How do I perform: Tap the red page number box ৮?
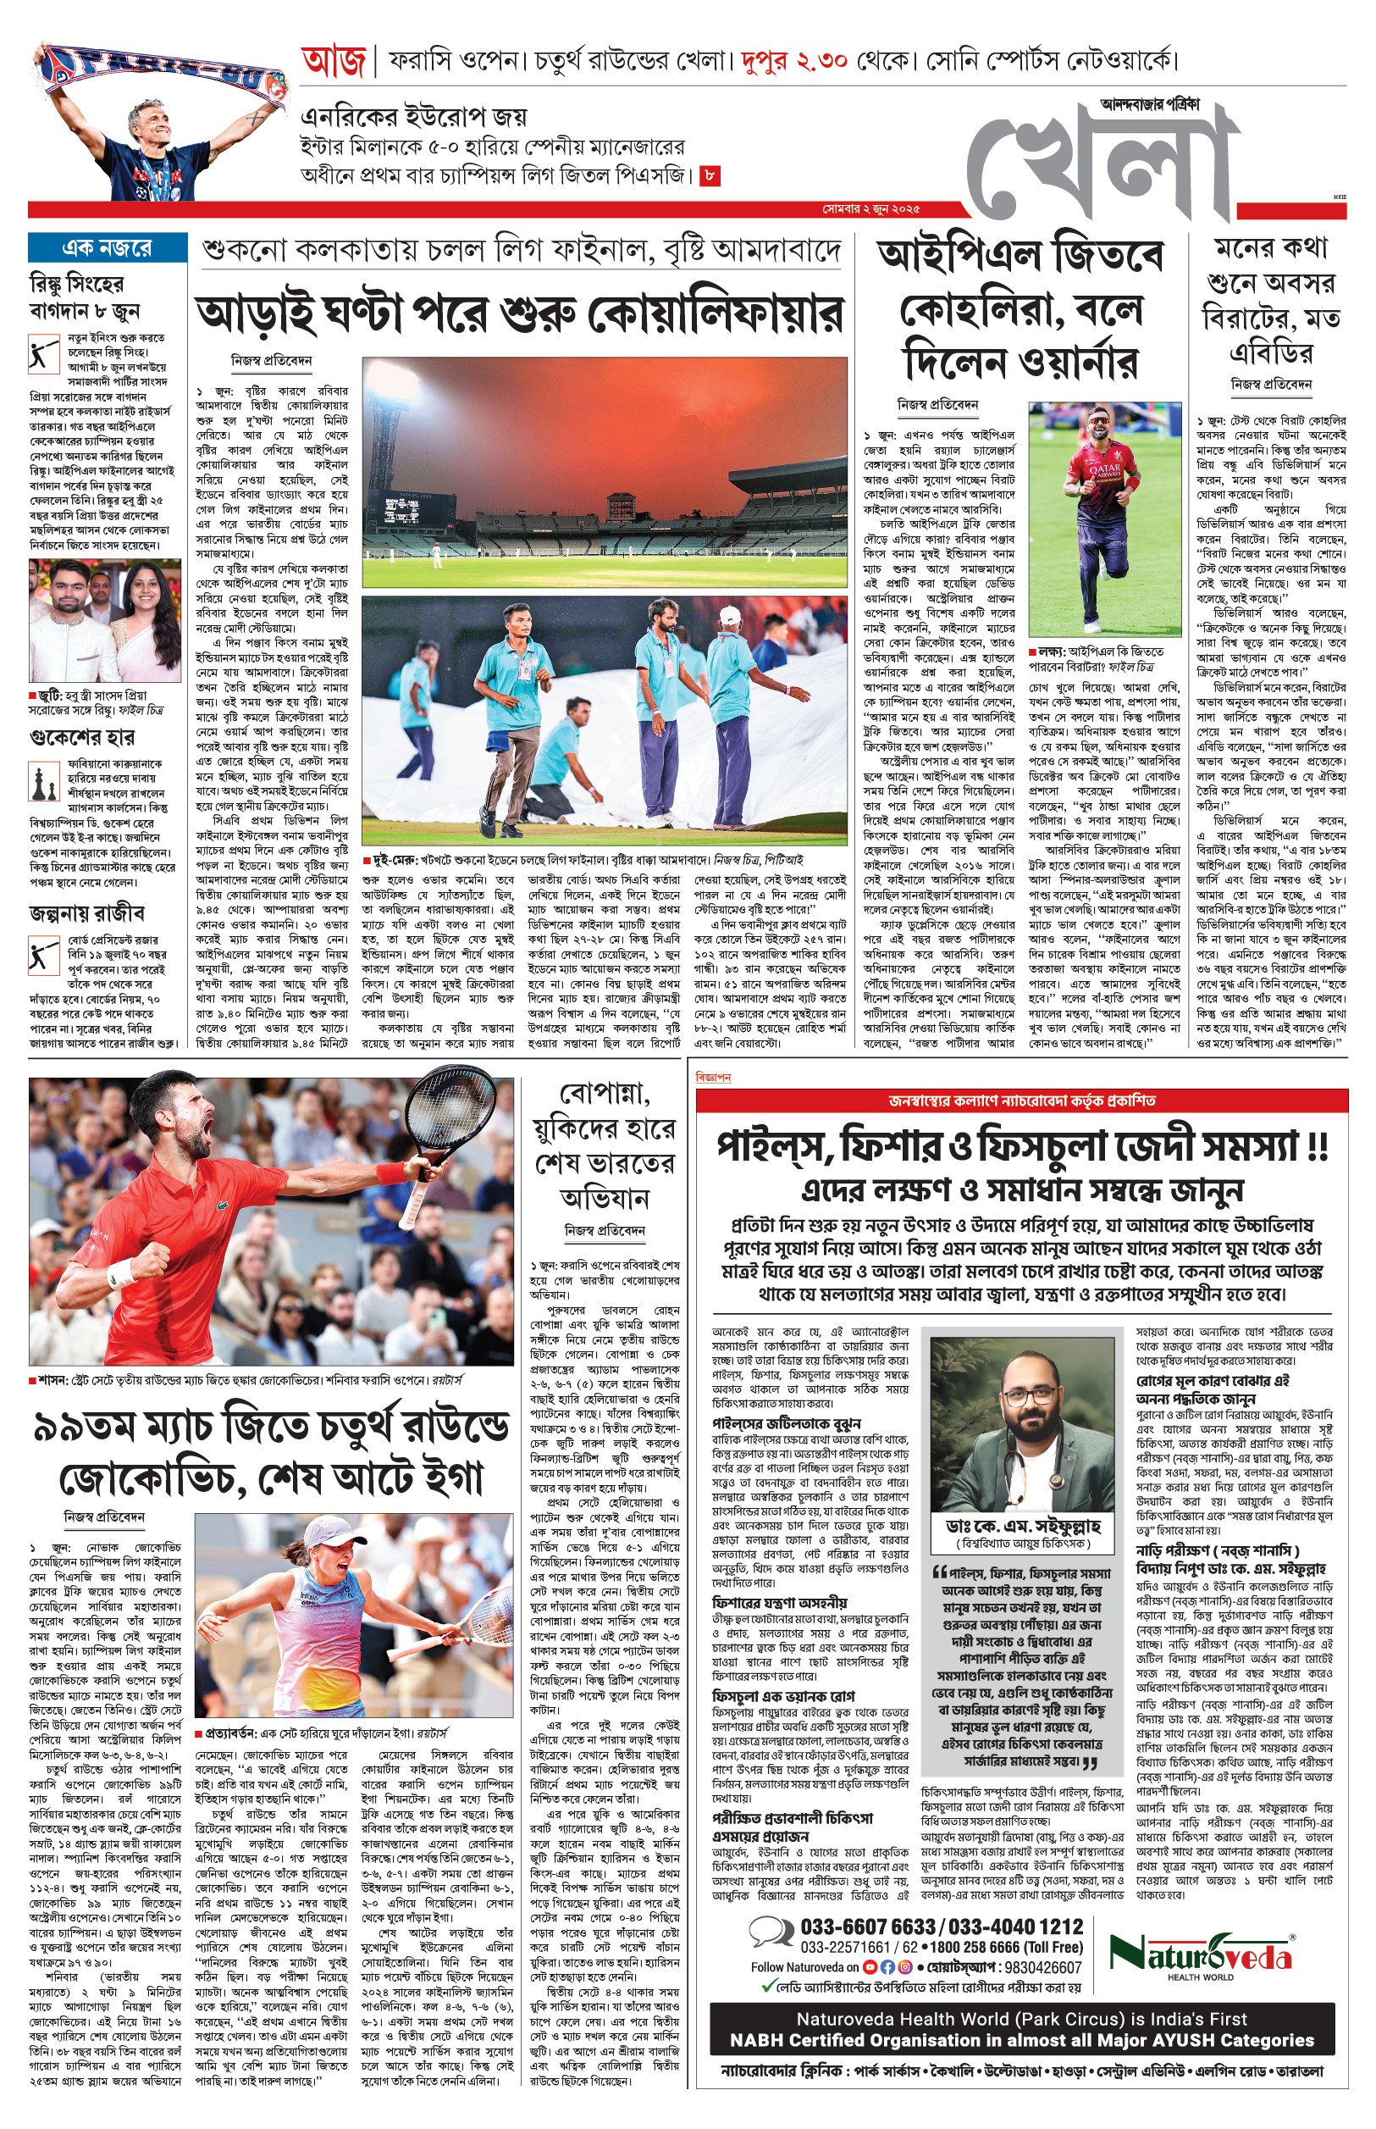click(x=710, y=175)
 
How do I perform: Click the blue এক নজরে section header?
click(x=108, y=247)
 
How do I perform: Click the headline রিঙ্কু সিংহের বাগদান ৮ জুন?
click(x=84, y=297)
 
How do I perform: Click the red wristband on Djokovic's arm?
click(x=391, y=1173)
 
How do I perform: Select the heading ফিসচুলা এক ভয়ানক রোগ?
click(x=782, y=1695)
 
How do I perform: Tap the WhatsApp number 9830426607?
click(x=1042, y=1967)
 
